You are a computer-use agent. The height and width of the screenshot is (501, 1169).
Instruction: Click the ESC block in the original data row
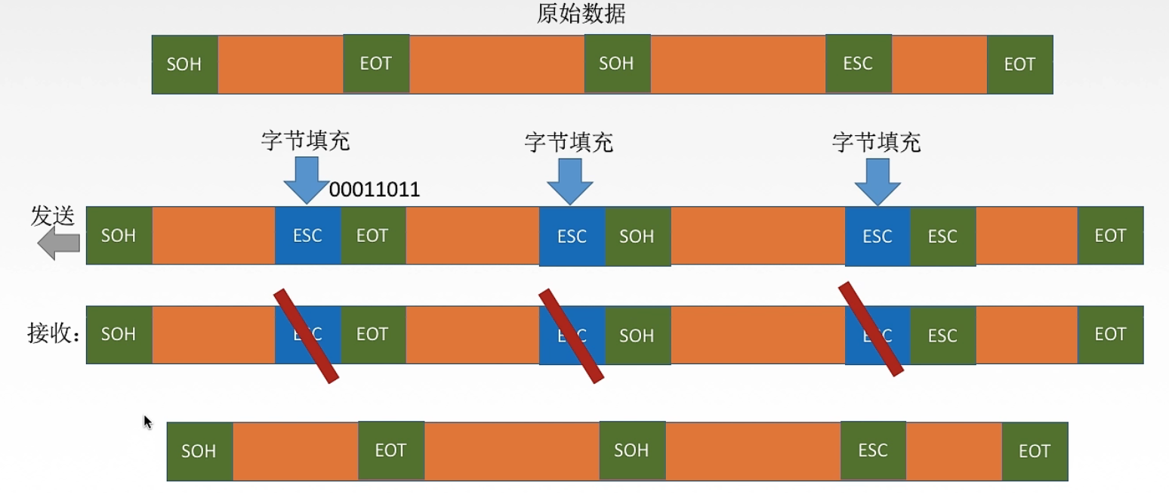[858, 64]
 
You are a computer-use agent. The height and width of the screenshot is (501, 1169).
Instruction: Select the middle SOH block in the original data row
[617, 64]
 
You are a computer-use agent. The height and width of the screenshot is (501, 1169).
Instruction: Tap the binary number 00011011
[375, 190]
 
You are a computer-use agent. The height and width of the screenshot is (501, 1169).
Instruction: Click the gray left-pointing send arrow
[59, 243]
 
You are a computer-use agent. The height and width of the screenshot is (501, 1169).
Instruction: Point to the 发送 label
[53, 217]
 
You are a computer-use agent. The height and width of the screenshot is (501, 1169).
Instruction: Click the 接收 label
[53, 334]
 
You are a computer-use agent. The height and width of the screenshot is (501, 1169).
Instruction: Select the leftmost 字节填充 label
[306, 141]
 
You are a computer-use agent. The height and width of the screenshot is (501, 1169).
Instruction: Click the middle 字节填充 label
[569, 142]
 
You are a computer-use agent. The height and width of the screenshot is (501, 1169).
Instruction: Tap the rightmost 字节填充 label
[876, 142]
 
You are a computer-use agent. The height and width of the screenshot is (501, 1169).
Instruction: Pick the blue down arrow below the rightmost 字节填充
[877, 181]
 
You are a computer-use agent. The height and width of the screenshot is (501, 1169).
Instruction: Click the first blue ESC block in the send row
[308, 236]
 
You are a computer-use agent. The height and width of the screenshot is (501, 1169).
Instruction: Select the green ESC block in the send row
[942, 236]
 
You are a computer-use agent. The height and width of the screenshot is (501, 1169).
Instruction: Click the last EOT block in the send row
[1110, 236]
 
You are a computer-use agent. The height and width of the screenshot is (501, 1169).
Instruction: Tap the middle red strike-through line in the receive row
[572, 336]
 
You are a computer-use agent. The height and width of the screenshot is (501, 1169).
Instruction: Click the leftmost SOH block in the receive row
[119, 335]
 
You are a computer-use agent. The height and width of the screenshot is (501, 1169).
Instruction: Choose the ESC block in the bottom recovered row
[873, 451]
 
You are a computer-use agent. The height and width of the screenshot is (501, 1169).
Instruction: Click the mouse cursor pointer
[147, 421]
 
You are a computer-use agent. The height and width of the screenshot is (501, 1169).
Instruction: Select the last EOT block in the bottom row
[1035, 451]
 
